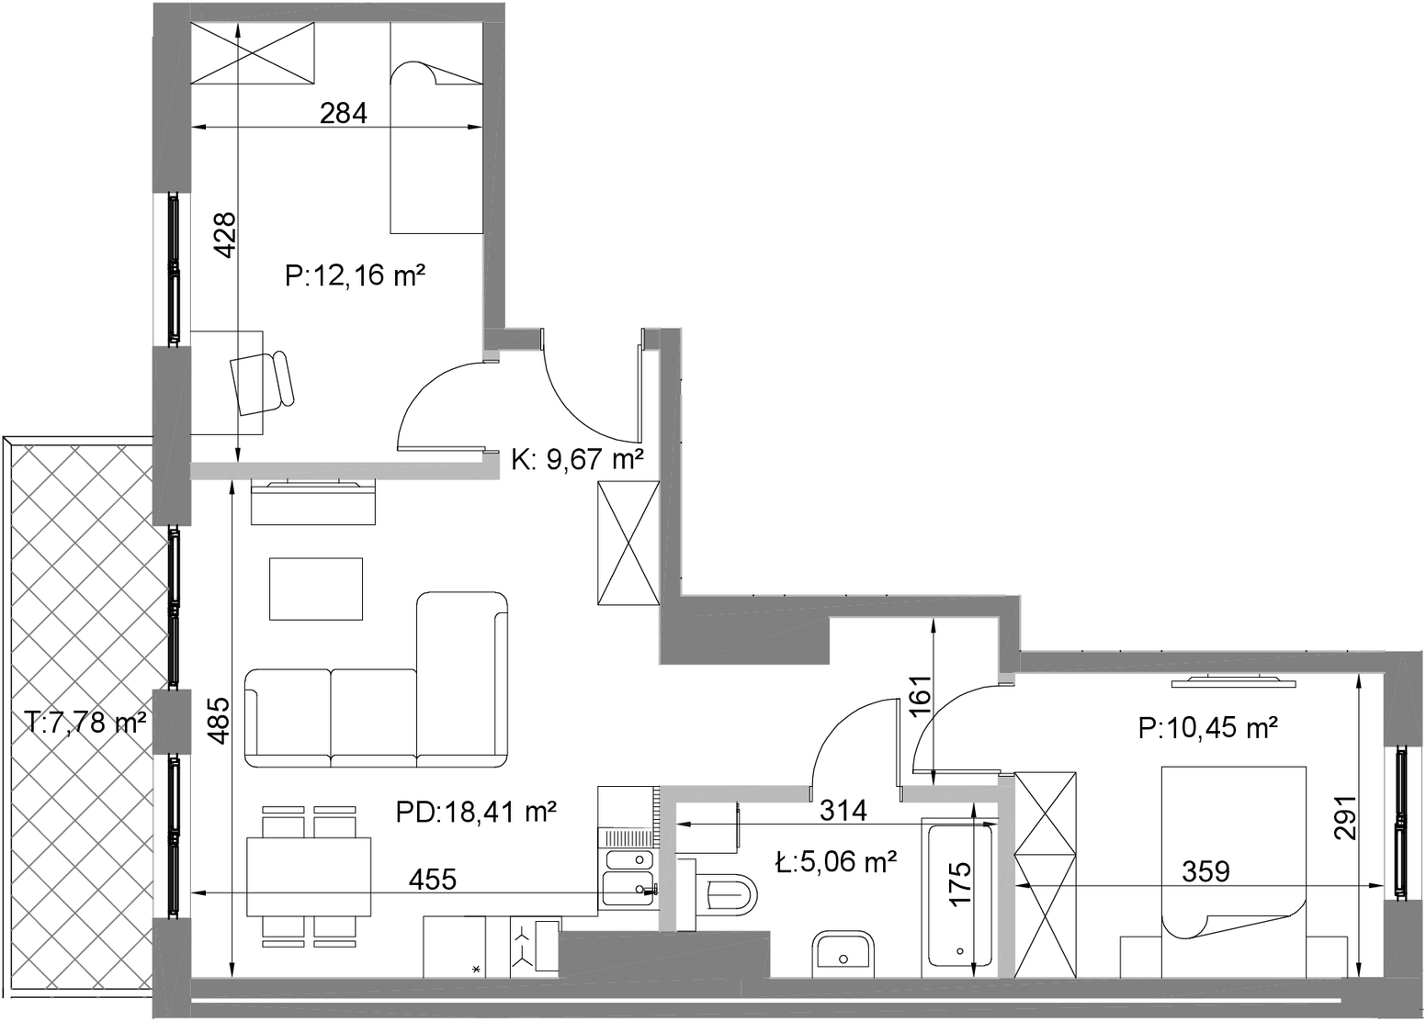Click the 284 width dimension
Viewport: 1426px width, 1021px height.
[343, 113]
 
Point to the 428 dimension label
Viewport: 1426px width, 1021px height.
[225, 235]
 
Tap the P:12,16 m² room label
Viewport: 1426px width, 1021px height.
[356, 276]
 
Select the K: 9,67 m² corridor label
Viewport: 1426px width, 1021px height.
[577, 459]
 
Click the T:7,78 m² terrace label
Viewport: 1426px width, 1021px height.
[88, 722]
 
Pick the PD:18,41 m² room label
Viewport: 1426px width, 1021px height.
[476, 813]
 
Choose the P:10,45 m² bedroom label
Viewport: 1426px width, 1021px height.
[1208, 728]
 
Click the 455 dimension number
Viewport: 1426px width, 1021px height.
[432, 879]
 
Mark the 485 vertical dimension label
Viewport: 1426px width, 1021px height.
[220, 721]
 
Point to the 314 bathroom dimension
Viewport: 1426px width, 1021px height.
[843, 811]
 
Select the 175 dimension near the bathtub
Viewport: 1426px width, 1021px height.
[960, 883]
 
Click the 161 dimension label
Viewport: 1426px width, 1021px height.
[921, 696]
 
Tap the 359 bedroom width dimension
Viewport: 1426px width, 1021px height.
[1205, 871]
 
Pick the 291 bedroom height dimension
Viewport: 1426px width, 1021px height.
[1346, 817]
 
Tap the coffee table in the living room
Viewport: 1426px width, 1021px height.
[316, 589]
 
